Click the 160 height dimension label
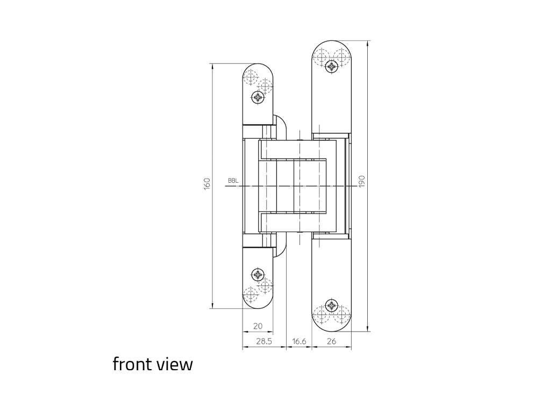click(x=207, y=184)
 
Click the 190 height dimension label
click(x=362, y=181)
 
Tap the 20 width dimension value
click(x=258, y=326)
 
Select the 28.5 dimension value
click(x=264, y=341)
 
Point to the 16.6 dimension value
click(x=300, y=341)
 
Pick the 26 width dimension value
click(x=331, y=341)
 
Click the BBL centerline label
click(x=233, y=181)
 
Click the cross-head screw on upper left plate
click(x=258, y=97)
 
